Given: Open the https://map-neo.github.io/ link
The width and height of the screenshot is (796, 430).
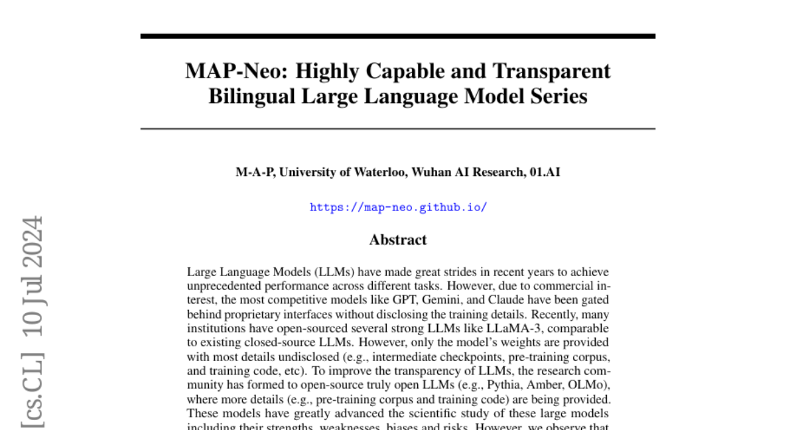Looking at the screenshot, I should point(398,207).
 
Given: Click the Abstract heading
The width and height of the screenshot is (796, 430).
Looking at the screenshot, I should point(398,240).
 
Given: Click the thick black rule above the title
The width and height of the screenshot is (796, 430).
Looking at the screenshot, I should point(398,36).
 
